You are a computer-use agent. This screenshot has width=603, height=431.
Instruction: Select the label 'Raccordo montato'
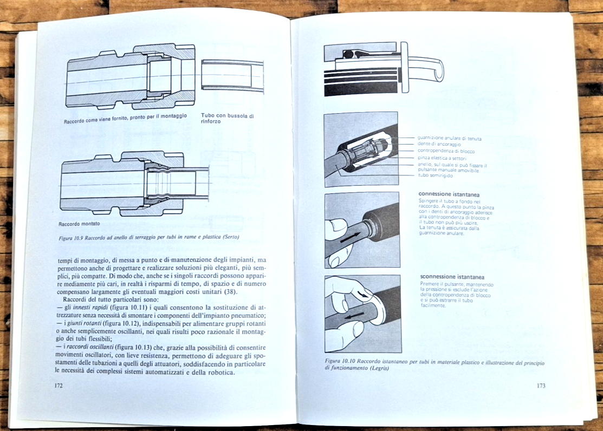(x=79, y=223)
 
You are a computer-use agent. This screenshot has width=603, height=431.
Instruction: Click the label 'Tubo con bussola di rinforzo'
(x=227, y=118)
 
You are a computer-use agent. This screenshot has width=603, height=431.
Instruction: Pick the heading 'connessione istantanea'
(x=449, y=194)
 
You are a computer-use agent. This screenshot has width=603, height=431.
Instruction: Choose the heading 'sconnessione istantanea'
(x=451, y=277)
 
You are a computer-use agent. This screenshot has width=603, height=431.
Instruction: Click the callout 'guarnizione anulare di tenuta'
(x=449, y=139)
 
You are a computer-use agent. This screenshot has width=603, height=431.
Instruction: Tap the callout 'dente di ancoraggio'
(x=439, y=145)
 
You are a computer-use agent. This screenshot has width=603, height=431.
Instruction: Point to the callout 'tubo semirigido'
(x=436, y=175)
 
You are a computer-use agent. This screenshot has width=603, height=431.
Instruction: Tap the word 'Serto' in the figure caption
(x=229, y=237)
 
